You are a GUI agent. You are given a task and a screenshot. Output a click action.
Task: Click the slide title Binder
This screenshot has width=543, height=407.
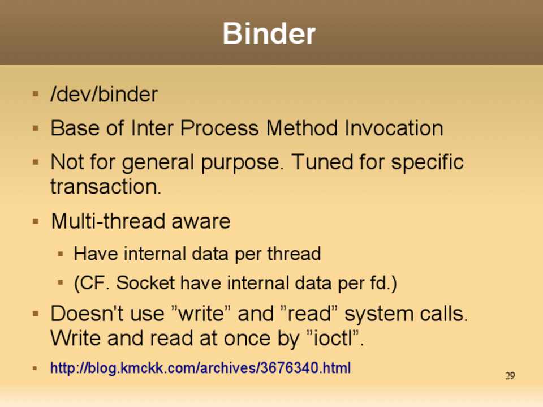point(269,33)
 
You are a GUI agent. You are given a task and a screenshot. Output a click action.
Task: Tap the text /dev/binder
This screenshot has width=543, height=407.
point(104,94)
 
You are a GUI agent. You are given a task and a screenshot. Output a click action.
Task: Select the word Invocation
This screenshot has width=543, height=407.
point(394,128)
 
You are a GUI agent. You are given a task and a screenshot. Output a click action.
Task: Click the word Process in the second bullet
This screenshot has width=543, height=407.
point(219,128)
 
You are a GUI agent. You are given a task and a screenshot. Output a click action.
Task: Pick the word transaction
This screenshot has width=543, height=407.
point(106,186)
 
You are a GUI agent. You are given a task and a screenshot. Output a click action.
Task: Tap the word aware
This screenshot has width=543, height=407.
point(201,222)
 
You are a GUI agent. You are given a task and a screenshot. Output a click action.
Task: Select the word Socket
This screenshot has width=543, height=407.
point(145,283)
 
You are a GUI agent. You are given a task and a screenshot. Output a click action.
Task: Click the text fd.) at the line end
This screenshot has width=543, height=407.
point(383,283)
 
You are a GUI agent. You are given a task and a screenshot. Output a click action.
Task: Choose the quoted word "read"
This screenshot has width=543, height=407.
point(308,314)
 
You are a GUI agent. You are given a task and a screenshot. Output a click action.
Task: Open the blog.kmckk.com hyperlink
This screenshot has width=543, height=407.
point(200,368)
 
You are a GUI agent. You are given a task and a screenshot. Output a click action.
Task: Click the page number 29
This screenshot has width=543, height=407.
point(510,376)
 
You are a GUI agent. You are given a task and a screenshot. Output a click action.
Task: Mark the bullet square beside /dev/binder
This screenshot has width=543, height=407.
point(35,93)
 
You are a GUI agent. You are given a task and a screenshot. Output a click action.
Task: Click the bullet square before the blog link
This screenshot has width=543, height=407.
point(35,368)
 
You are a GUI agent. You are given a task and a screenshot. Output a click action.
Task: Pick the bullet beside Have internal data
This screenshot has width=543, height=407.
point(61,254)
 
